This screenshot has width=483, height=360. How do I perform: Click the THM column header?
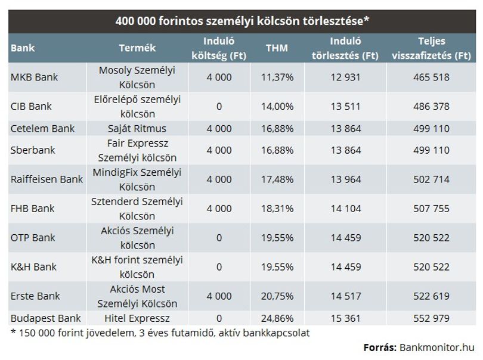tap(277, 48)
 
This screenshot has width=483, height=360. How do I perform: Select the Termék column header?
tap(137, 48)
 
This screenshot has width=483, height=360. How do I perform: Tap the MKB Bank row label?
tap(34, 77)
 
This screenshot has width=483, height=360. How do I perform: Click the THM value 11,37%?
tap(277, 77)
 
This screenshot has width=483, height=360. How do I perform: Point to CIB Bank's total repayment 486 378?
tap(431, 106)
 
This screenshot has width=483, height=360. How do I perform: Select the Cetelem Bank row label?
tap(42, 128)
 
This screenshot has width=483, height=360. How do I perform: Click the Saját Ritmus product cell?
tap(137, 128)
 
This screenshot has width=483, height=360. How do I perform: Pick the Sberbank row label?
tap(33, 150)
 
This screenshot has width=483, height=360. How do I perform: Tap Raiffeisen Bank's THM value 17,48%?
tap(277, 179)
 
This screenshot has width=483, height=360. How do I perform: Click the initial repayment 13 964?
tap(346, 179)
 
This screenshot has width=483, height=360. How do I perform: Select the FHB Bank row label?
tap(32, 209)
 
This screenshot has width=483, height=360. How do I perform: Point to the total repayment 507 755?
tap(431, 209)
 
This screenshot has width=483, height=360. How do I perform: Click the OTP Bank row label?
tap(33, 238)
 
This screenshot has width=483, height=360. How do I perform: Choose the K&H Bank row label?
tap(33, 266)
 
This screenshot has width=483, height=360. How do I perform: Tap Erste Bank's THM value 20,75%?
tap(277, 296)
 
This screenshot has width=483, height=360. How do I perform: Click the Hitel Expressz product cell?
tap(137, 318)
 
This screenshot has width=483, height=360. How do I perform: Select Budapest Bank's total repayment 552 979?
tap(431, 318)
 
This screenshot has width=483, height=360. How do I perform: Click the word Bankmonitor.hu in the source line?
tap(437, 347)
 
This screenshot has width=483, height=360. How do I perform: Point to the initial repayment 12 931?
tap(346, 77)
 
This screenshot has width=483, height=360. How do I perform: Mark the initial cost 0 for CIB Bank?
tap(219, 106)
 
